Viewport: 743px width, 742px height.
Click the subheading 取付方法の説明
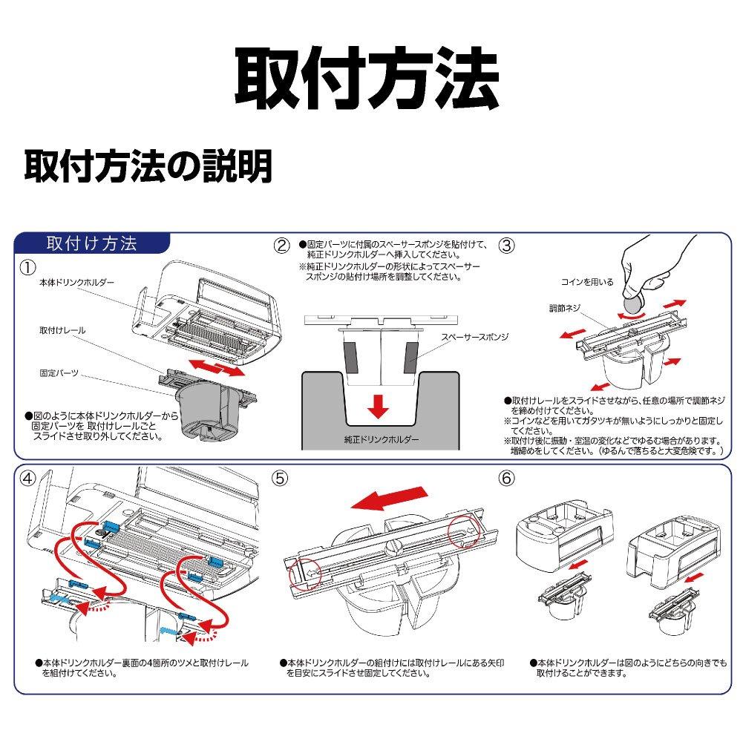pos(148,167)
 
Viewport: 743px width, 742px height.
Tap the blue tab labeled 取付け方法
pos(91,244)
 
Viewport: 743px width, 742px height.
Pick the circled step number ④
pos(27,480)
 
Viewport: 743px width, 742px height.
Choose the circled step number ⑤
pos(281,480)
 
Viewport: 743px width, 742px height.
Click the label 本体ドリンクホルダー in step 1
pos(77,283)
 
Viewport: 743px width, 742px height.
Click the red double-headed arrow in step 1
pos(216,367)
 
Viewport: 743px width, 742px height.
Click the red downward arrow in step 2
pos(379,405)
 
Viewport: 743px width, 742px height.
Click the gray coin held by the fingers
pos(632,303)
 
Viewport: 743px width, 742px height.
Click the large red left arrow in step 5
pos(390,499)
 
